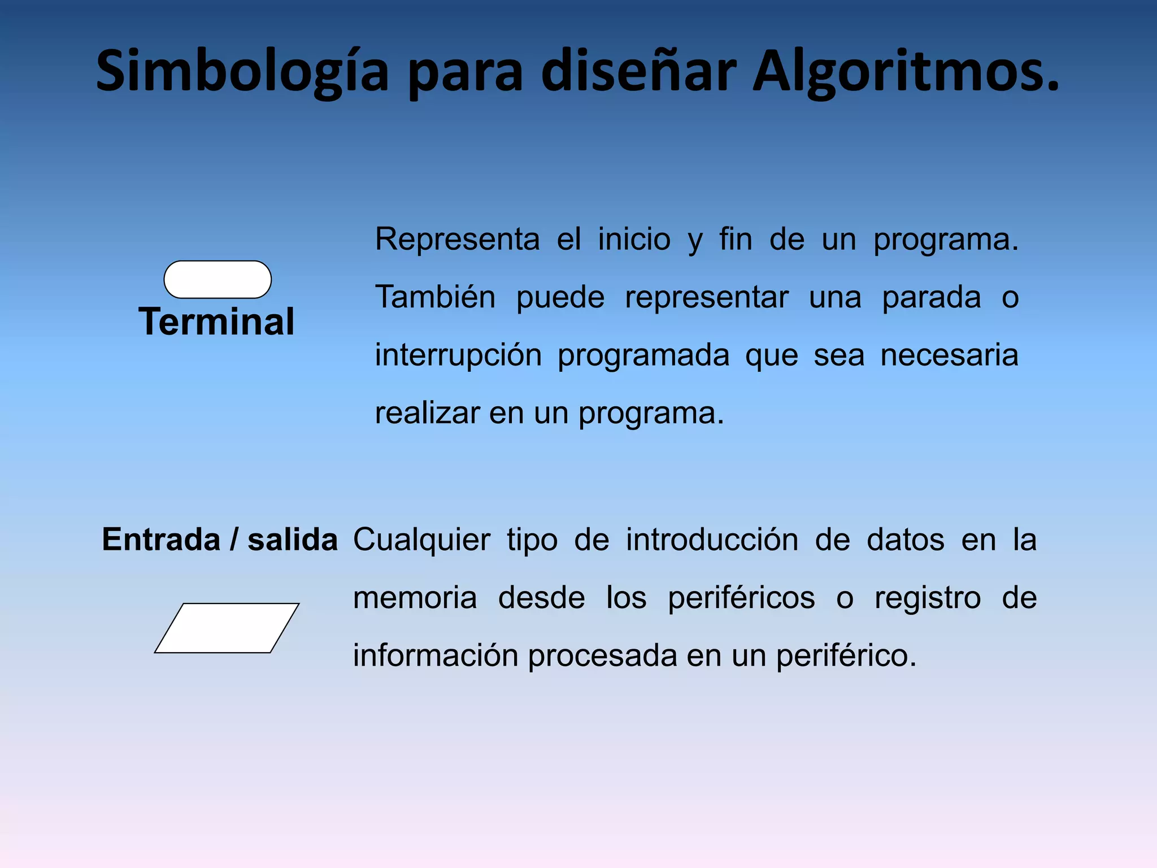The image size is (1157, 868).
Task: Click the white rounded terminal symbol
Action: pos(218,279)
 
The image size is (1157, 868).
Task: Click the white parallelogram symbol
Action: pos(227,628)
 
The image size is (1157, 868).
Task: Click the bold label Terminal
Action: pos(216,322)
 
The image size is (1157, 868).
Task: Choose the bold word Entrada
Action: pos(161,539)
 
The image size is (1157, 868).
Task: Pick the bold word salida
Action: pos(293,539)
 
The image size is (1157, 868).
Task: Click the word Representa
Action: pos(458,239)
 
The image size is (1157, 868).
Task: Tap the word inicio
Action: pos(634,239)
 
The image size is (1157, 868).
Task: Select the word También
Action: pos(436,297)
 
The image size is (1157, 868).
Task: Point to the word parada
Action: pos(932,297)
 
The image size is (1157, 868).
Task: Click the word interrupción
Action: pos(458,355)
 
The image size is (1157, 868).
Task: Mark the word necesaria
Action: pos(949,355)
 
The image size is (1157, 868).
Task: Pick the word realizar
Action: pos(427,413)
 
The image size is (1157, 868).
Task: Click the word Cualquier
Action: pos(421,540)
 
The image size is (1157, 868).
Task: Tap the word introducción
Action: pos(712,540)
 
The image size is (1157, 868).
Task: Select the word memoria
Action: pos(415,598)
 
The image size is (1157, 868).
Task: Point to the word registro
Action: pos(928,598)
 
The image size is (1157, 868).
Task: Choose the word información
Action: pos(436,656)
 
